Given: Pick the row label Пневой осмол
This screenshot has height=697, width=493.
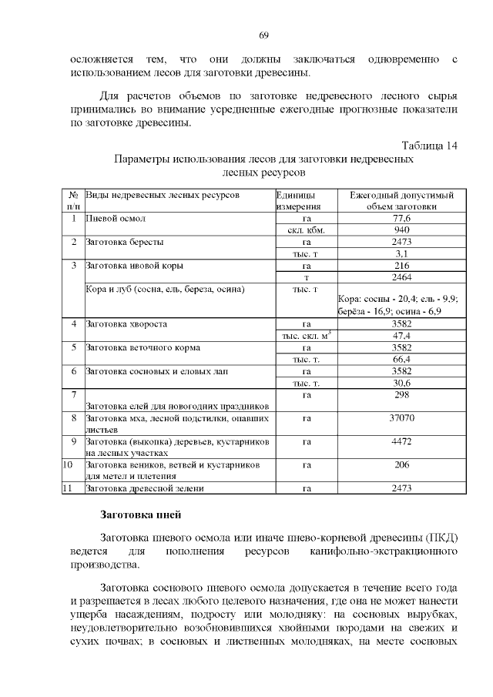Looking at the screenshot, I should [115, 219].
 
